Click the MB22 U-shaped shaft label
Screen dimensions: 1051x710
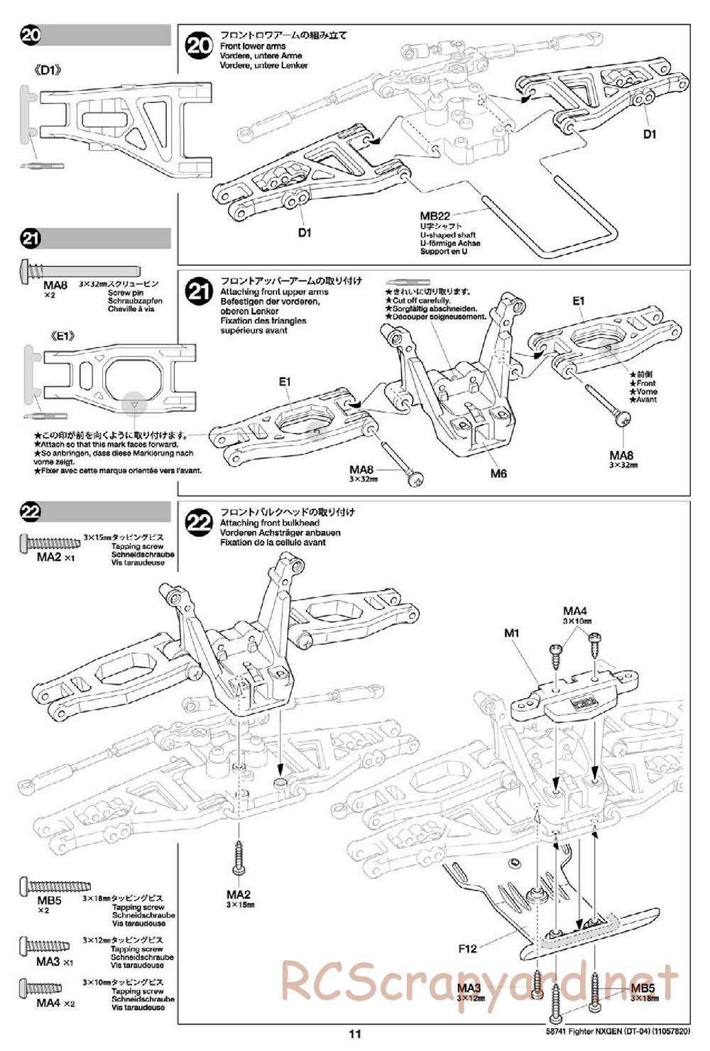tap(435, 217)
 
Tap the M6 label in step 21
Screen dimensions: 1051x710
tap(498, 473)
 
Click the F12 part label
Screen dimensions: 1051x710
tap(468, 947)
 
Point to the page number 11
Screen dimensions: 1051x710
tap(355, 1034)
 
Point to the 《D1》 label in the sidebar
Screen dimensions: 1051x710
tap(49, 70)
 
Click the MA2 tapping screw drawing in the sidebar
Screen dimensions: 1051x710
tap(53, 543)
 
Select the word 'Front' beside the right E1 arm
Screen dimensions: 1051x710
tap(646, 383)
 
